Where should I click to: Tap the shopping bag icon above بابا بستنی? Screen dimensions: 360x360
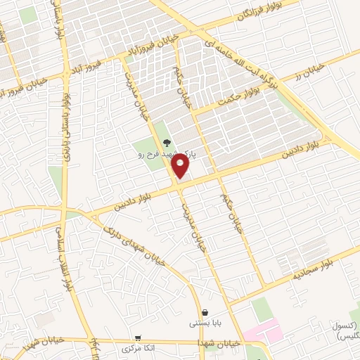[204, 312]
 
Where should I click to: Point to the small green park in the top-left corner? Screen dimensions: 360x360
[27, 16]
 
